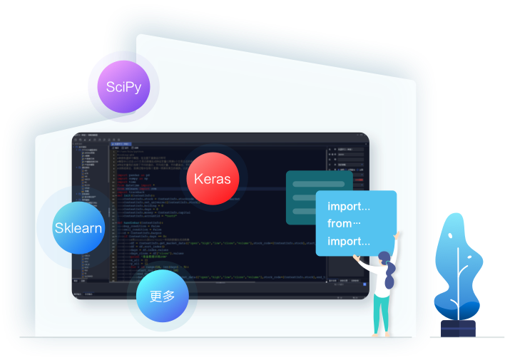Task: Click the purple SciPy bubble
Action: click(x=123, y=87)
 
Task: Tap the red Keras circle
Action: click(x=212, y=178)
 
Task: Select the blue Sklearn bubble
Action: click(x=78, y=228)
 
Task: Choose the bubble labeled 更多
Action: click(x=163, y=296)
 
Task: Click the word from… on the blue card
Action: click(x=345, y=224)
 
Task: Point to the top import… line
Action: click(x=349, y=207)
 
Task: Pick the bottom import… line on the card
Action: click(x=349, y=241)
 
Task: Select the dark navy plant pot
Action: click(x=457, y=328)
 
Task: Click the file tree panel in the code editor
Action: click(x=91, y=214)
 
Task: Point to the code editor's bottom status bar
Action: click(x=214, y=293)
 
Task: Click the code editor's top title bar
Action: click(x=214, y=137)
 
